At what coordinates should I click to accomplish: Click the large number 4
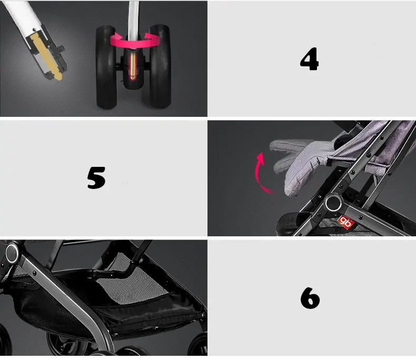click(x=309, y=59)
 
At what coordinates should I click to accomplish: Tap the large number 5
click(x=96, y=177)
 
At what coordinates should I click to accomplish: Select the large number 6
click(x=310, y=298)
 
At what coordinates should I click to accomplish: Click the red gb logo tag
click(x=346, y=222)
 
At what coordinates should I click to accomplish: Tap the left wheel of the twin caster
click(x=106, y=67)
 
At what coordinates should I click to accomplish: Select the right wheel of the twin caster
click(x=160, y=66)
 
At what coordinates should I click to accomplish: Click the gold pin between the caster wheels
click(x=132, y=65)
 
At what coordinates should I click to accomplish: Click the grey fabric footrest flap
click(x=302, y=162)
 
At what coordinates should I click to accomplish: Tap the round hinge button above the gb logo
click(x=334, y=203)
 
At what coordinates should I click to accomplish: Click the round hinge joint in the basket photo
click(x=12, y=254)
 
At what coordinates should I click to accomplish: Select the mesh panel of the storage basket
click(x=133, y=284)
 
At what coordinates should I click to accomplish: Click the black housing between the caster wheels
click(x=133, y=69)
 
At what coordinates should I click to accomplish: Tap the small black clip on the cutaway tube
click(x=60, y=49)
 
